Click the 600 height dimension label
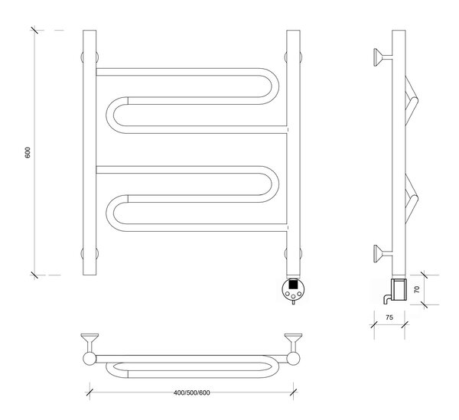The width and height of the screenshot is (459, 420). pyautogui.click(x=28, y=152)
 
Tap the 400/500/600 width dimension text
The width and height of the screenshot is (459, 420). pyautogui.click(x=192, y=392)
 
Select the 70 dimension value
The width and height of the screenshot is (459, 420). pyautogui.click(x=417, y=289)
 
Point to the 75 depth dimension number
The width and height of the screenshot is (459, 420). pyautogui.click(x=389, y=317)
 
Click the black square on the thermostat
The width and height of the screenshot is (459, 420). pyautogui.click(x=293, y=284)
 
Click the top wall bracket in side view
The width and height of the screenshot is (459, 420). pyautogui.click(x=382, y=57)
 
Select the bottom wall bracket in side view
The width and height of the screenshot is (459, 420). pyautogui.click(x=382, y=254)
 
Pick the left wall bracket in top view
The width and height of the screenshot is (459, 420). pyautogui.click(x=90, y=343)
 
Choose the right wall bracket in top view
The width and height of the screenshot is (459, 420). pyautogui.click(x=293, y=343)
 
